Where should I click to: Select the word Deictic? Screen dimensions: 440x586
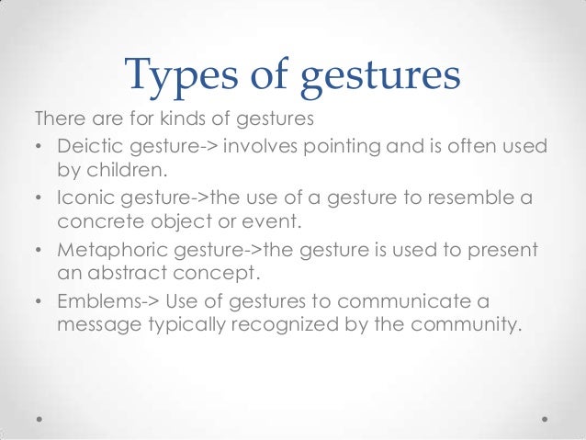88,147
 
